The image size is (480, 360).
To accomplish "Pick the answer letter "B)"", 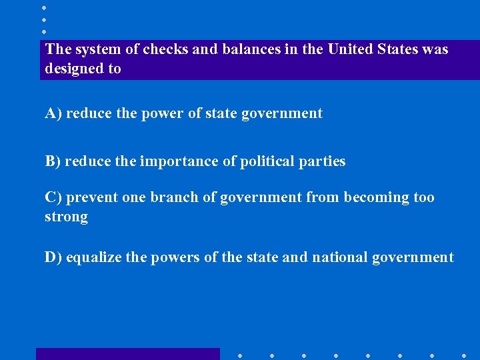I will coord(53,161).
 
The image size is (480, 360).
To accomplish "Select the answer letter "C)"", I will coord(53,197).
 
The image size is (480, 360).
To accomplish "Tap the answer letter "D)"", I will coord(53,257).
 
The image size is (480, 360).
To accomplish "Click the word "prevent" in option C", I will coord(92,197).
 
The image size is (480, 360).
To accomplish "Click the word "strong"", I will coord(66,217).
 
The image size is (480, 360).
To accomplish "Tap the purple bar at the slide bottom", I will coord(127,354).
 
